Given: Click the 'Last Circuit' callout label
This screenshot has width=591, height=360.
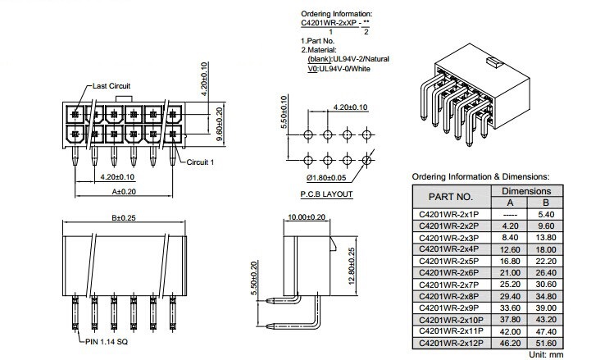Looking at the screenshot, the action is (111, 86).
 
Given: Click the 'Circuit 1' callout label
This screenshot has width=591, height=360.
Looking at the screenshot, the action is (200, 162).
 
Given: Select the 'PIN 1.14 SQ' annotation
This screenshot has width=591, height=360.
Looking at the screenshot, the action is (107, 341).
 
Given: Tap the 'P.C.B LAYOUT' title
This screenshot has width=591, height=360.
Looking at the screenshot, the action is (326, 194).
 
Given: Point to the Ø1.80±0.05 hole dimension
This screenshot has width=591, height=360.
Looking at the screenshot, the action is (326, 177).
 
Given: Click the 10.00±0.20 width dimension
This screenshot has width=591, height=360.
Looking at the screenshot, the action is (307, 217).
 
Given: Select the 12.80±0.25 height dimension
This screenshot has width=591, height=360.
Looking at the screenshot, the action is (352, 266).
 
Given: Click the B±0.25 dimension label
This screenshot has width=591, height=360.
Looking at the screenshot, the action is (124, 217).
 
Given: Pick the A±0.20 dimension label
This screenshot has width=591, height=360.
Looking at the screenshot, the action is (124, 192).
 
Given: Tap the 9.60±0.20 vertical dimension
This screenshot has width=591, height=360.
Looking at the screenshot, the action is (220, 124).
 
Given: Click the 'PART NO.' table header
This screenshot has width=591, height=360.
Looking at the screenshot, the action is (450, 197).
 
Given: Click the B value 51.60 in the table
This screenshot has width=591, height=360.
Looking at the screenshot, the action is (546, 343).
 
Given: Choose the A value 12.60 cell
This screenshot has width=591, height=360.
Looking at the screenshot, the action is (510, 249).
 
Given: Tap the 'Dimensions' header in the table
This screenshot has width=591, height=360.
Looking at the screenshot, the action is (526, 191).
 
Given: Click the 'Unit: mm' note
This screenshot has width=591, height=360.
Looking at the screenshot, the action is (546, 355).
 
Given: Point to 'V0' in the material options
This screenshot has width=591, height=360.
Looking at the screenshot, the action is (312, 69).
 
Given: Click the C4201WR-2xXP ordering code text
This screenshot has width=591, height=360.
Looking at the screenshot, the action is (329, 23).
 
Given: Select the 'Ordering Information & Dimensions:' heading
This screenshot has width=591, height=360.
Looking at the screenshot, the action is (480, 176).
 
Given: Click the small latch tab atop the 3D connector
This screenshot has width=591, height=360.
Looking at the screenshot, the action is (493, 62).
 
